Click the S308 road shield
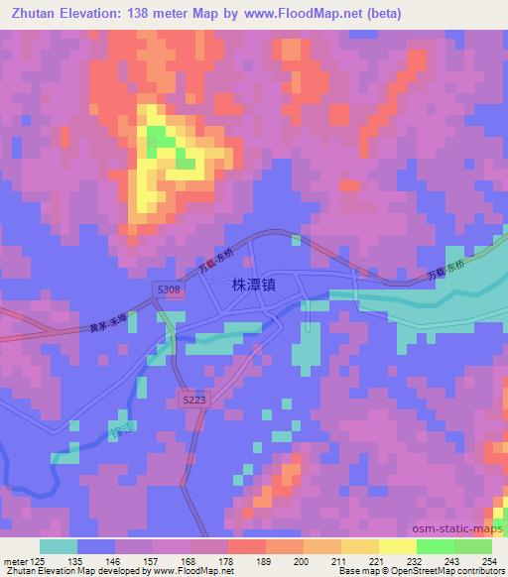(168, 288)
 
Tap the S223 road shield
(194, 398)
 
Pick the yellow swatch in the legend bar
(397, 546)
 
